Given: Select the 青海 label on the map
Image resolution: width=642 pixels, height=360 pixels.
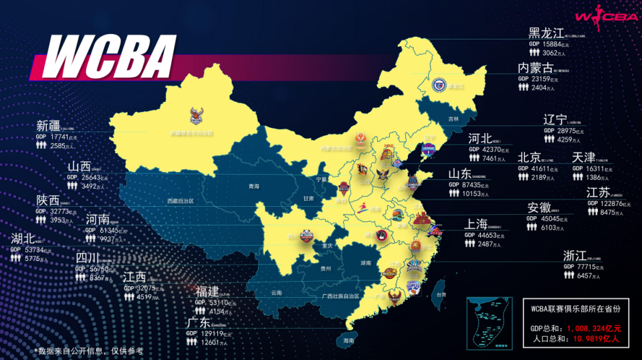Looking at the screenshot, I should click(253, 187).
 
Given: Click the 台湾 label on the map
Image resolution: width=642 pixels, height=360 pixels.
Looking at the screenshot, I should click(440, 294).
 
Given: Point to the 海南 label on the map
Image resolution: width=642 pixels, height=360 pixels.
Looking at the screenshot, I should click(348, 341).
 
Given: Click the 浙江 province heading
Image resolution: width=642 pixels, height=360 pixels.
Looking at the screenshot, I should click(574, 256).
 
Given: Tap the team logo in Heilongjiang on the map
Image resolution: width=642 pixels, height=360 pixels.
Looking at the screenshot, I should click(439, 84).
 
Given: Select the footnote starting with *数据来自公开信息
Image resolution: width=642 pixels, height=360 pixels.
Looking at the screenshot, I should click(88, 351).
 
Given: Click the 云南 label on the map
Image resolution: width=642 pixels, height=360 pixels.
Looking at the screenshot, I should click(277, 293).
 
